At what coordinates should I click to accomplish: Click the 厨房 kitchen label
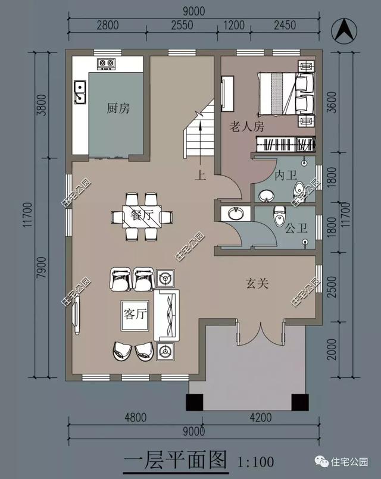click(118, 108)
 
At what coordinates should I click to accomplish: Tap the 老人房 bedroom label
click(247, 127)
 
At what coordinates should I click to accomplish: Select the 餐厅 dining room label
click(142, 217)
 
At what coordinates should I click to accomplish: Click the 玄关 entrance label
click(257, 283)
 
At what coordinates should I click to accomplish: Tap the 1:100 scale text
click(254, 461)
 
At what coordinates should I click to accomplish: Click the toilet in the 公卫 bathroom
click(278, 218)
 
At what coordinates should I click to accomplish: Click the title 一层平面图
click(176, 461)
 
